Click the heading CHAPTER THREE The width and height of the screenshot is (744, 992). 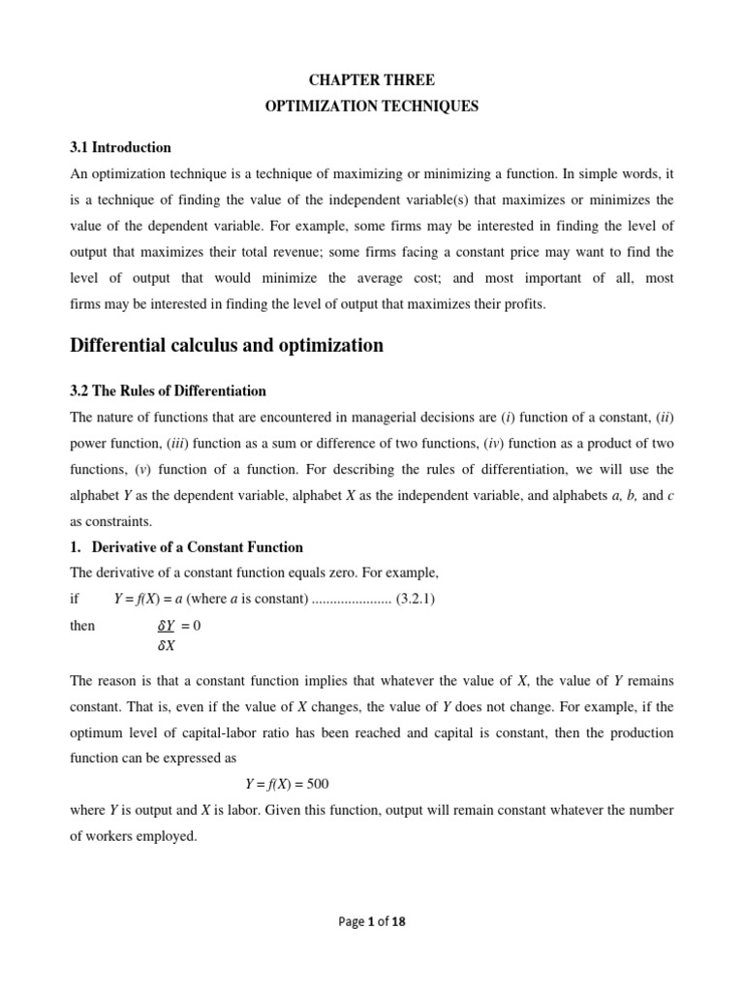tap(372, 80)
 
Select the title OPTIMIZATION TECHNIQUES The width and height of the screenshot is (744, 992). tap(372, 107)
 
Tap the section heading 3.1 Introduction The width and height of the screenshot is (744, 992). tap(121, 147)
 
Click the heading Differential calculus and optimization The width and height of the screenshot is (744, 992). tap(227, 346)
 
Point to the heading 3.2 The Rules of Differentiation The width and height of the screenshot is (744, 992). tap(169, 390)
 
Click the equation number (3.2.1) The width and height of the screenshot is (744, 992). tap(416, 599)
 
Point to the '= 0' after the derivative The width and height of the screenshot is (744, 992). tap(191, 626)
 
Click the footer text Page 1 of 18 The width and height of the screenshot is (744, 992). tap(372, 922)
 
